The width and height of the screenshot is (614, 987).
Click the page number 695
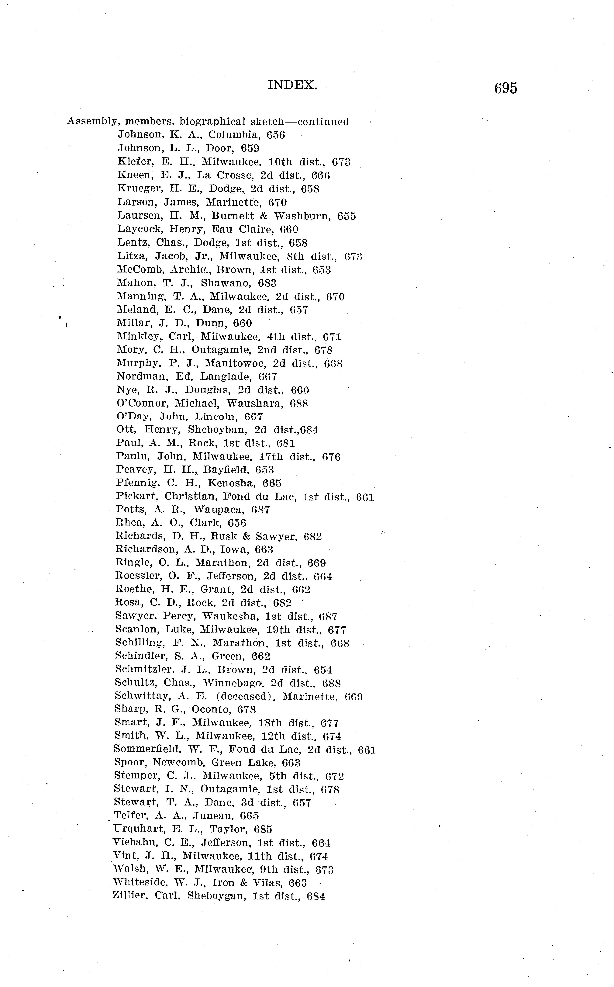point(505,88)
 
